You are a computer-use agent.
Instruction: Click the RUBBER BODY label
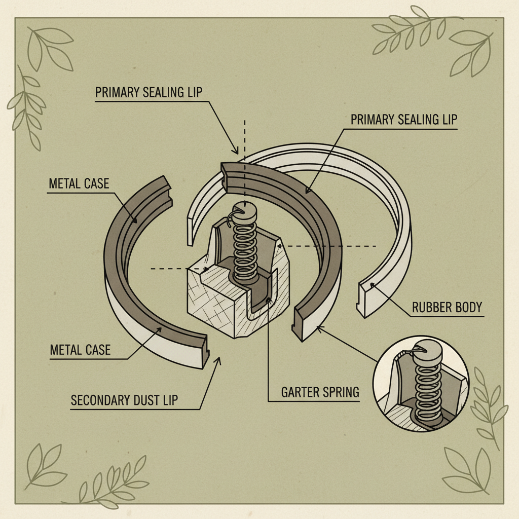pyautogui.click(x=448, y=308)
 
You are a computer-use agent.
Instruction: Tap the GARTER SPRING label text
pyautogui.click(x=320, y=392)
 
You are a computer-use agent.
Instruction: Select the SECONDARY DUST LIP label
pyautogui.click(x=124, y=400)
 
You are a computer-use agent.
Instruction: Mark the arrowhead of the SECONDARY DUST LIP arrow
pyautogui.click(x=219, y=358)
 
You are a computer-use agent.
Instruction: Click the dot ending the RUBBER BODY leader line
pyautogui.click(x=373, y=285)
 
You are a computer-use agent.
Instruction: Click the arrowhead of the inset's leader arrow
pyautogui.click(x=318, y=328)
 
